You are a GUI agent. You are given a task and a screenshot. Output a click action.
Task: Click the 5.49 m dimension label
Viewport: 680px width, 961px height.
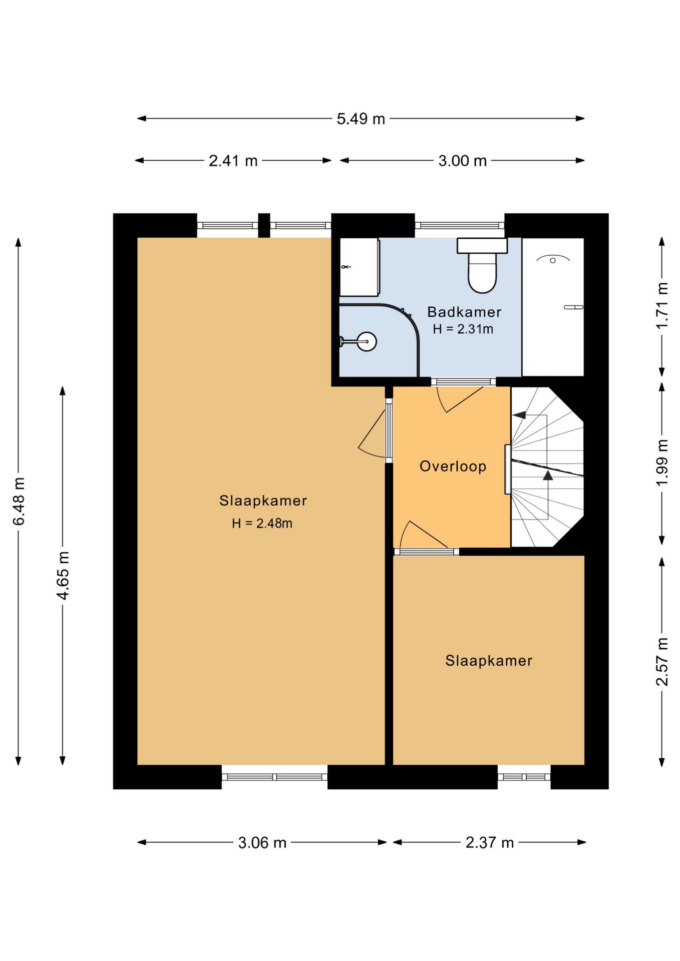point(361,119)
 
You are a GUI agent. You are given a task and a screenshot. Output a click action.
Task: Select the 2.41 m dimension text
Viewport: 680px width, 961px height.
point(233,161)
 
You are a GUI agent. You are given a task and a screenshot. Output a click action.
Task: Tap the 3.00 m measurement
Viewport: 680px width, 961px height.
point(462,161)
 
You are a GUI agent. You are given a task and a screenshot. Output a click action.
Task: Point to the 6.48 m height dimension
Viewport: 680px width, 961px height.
point(19,502)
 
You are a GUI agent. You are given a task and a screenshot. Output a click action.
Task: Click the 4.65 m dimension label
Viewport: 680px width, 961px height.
point(63,575)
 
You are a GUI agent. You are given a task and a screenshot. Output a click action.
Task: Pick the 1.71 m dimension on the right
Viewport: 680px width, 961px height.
point(662,305)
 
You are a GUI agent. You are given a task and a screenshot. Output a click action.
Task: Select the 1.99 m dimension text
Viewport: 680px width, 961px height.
point(662,462)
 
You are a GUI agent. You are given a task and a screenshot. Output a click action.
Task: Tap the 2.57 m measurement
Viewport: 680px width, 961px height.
point(662,662)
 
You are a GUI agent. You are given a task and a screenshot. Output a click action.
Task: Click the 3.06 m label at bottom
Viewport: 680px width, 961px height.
point(262,843)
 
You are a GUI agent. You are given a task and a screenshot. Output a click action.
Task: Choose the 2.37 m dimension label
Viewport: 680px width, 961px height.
point(490,843)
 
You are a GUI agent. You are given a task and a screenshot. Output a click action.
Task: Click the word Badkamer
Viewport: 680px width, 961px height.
point(464,312)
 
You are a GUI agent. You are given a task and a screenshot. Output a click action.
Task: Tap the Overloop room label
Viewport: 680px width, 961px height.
point(453,466)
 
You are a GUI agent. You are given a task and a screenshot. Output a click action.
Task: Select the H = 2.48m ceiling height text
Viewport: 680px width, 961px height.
point(262,524)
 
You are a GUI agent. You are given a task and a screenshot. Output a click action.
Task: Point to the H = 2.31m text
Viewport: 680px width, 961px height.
point(463,329)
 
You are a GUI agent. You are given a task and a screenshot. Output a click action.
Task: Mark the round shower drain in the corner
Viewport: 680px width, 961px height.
point(367,342)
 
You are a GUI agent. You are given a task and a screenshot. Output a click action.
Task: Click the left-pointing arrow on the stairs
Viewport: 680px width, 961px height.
point(519,415)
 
